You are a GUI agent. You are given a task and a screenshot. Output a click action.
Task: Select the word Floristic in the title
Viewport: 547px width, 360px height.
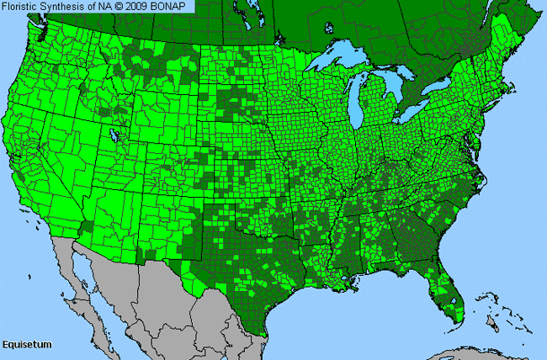point(24,7)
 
